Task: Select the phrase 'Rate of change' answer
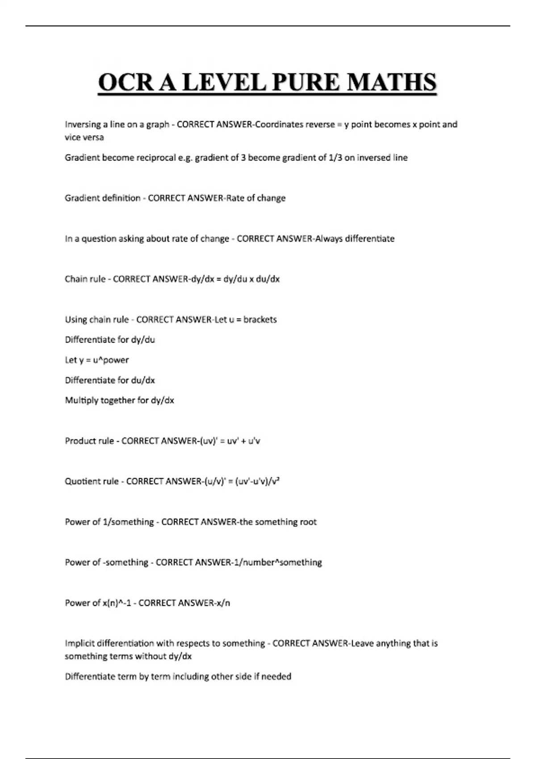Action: click(256, 198)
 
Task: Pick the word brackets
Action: click(260, 320)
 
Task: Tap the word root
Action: click(308, 522)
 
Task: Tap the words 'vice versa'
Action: click(84, 138)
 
